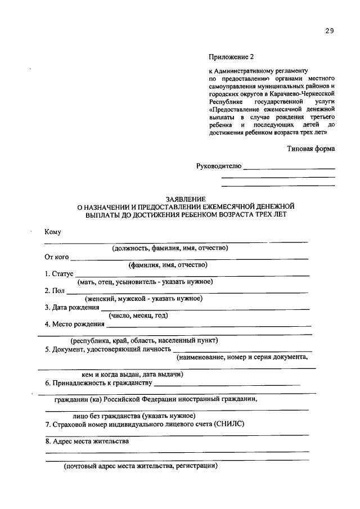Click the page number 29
pos(329,31)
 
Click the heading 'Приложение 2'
pos(231,57)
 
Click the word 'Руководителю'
pos(219,166)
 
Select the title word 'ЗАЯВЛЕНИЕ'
pos(186,199)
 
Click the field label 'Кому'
pos(53,232)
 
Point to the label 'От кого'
pos(57,257)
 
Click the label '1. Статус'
pos(59,273)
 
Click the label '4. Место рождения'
pos(75,324)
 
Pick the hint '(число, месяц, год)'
pos(138,316)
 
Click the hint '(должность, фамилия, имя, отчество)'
pos(169,248)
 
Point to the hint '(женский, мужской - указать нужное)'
pos(143,299)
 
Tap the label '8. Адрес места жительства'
pos(87,441)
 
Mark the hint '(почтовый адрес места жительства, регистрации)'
pos(139,466)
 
